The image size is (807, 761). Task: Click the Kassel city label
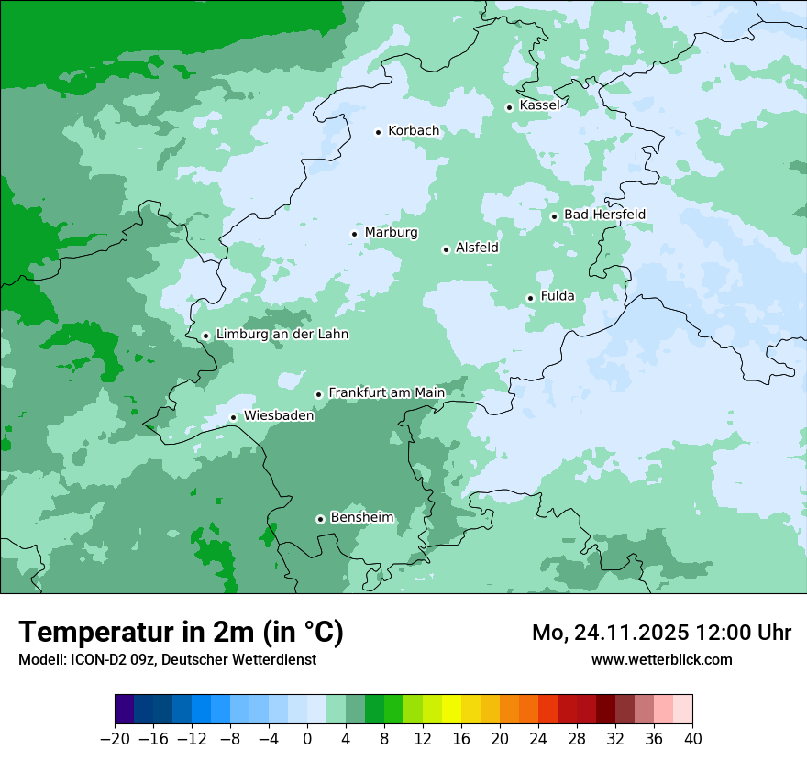(x=539, y=105)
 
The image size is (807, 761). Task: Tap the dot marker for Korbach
(x=378, y=132)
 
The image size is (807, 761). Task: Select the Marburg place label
(x=391, y=233)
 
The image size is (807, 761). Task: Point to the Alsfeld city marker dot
(x=446, y=249)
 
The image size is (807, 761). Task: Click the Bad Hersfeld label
(x=604, y=215)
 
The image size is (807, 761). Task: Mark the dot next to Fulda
(x=530, y=298)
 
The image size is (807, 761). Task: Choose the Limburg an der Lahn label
(x=282, y=335)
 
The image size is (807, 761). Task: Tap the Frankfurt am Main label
(x=386, y=392)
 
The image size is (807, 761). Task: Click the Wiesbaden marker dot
(x=234, y=417)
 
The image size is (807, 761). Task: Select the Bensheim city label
(x=361, y=517)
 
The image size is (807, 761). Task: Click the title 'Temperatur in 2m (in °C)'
(x=181, y=633)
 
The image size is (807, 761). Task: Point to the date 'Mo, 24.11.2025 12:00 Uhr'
(x=661, y=633)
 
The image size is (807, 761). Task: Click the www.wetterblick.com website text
(x=661, y=659)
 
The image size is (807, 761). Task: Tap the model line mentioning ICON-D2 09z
(x=167, y=659)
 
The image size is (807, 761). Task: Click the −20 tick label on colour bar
(x=115, y=739)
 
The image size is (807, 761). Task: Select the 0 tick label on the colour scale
(x=307, y=739)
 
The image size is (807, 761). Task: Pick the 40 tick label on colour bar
(x=692, y=739)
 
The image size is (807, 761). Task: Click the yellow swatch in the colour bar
(x=451, y=710)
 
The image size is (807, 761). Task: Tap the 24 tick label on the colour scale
(x=538, y=739)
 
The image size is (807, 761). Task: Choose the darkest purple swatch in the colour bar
(x=125, y=710)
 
